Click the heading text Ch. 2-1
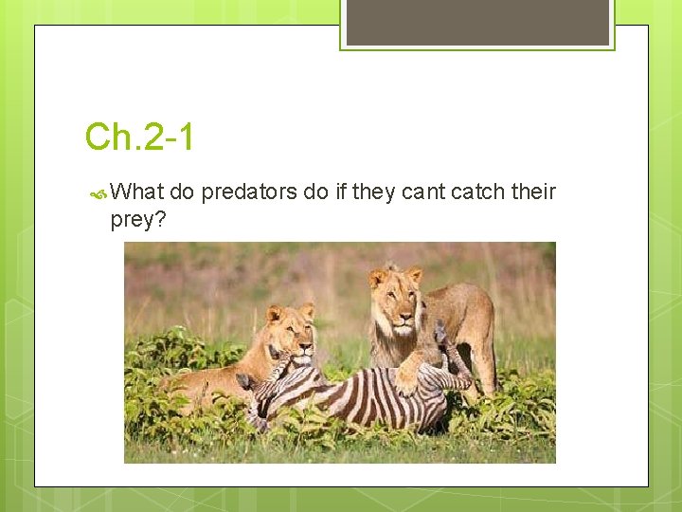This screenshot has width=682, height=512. pyautogui.click(x=139, y=137)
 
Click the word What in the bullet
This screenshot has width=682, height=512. pyautogui.click(x=138, y=192)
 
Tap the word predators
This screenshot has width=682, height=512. pyautogui.click(x=249, y=192)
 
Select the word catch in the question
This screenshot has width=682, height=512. pyautogui.click(x=477, y=192)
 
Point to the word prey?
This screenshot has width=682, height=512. pyautogui.click(x=138, y=220)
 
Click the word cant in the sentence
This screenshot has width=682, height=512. pyautogui.click(x=422, y=192)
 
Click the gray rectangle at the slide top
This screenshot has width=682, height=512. pyautogui.click(x=477, y=22)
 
